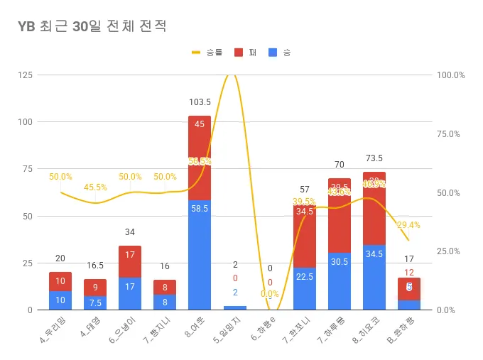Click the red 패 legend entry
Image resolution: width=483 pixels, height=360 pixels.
245,52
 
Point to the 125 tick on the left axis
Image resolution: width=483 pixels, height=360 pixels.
25,75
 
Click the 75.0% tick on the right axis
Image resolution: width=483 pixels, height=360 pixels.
450,133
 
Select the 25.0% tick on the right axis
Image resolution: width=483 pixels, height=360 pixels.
450,251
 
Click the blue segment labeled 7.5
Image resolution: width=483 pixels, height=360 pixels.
95,302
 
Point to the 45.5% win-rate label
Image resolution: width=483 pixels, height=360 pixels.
96,187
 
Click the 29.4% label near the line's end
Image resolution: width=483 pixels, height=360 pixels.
408,224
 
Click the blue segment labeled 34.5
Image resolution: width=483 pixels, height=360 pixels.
374,277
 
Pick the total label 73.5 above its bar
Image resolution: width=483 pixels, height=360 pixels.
374,158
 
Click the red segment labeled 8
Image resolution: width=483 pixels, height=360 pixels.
165,287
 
